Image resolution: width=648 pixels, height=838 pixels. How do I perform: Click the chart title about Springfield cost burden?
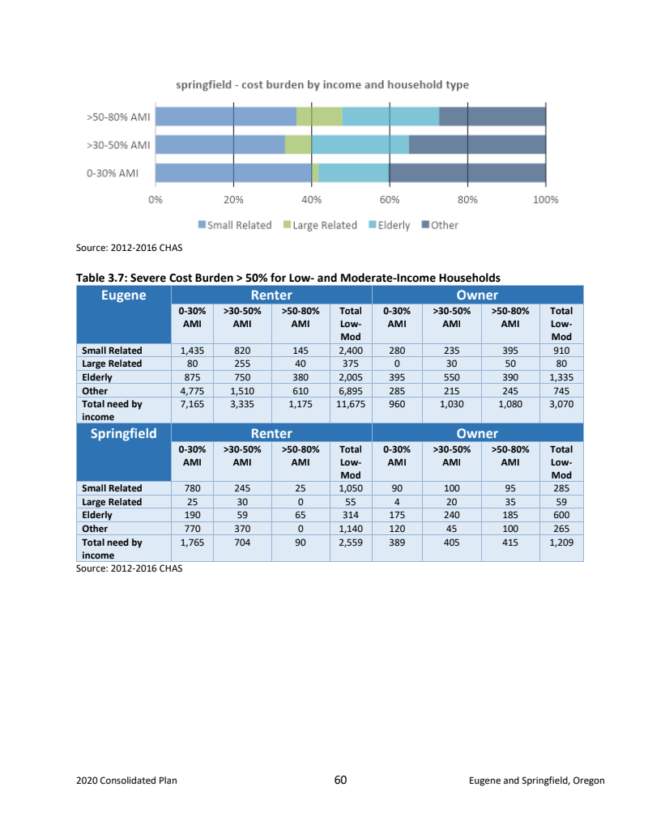click(322, 85)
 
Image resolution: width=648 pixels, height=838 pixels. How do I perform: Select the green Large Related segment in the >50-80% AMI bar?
click(319, 117)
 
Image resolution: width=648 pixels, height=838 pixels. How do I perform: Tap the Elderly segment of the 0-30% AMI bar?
click(354, 173)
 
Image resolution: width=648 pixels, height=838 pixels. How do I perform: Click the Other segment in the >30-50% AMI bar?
click(477, 145)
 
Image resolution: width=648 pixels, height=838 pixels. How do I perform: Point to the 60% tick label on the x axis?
click(390, 199)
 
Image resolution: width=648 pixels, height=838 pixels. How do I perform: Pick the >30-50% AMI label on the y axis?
click(119, 145)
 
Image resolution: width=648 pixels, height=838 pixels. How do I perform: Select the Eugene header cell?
click(123, 296)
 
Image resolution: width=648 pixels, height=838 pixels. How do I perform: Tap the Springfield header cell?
click(123, 433)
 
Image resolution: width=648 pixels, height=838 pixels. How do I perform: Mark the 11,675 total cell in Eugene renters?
click(351, 403)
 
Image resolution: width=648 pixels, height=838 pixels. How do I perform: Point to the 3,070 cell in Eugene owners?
click(561, 403)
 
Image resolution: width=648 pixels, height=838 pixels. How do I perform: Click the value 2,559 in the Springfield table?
click(351, 542)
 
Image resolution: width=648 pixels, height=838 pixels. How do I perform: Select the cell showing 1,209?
click(561, 542)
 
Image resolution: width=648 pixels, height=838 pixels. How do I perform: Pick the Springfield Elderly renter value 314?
click(351, 515)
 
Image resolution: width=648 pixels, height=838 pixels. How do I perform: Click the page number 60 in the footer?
click(340, 781)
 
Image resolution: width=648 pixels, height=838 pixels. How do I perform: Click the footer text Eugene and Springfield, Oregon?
click(536, 781)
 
